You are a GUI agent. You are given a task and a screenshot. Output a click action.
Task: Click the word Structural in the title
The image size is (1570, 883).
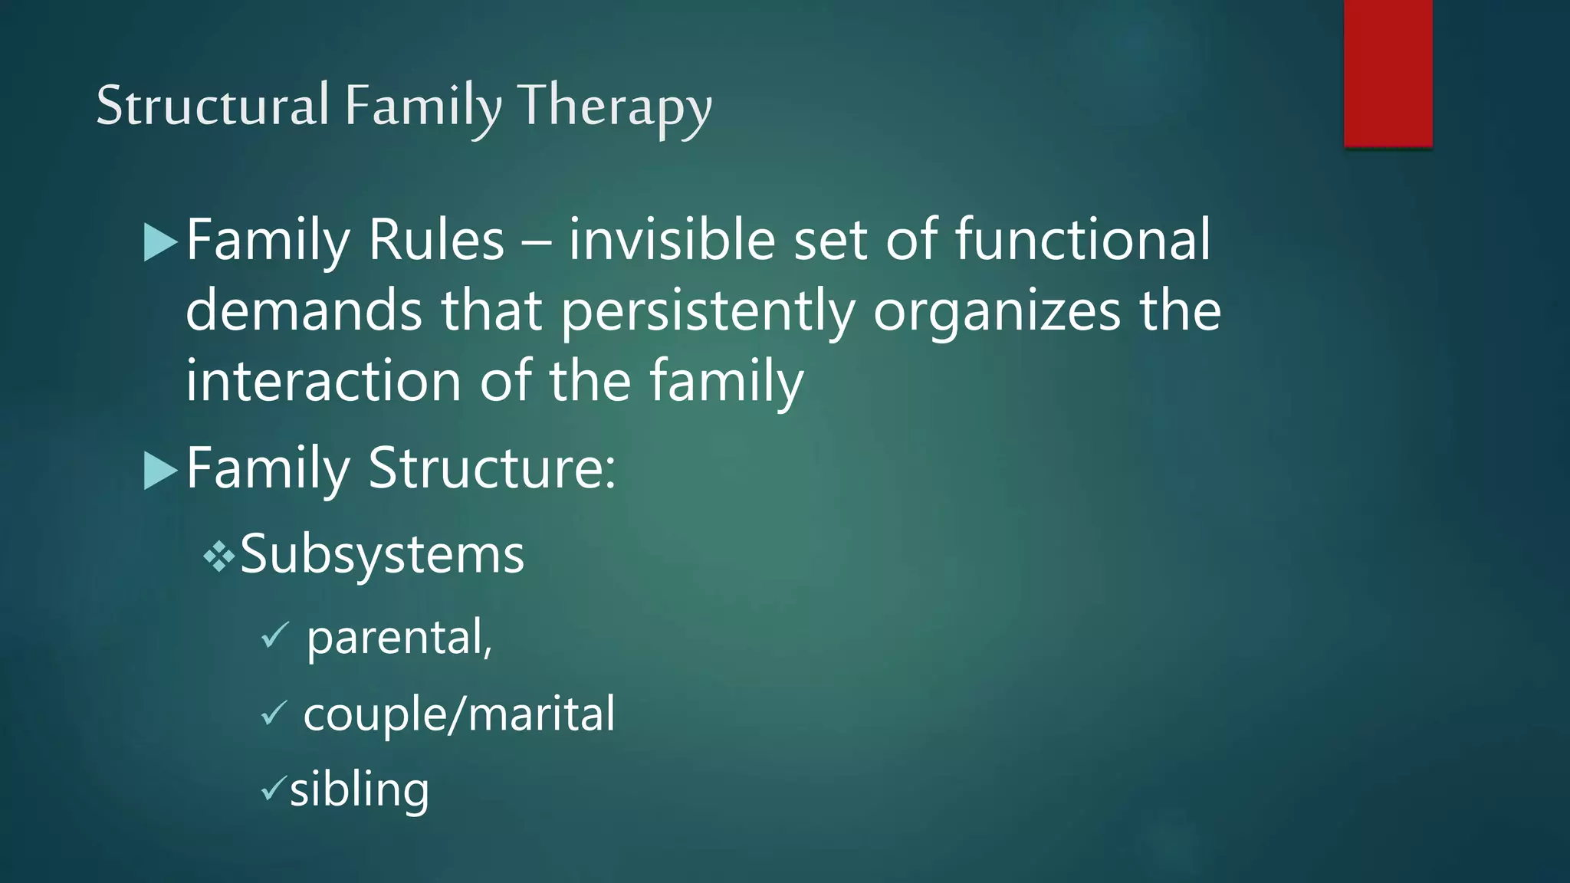(212, 105)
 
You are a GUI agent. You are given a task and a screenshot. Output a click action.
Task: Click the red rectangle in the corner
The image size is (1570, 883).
(1388, 73)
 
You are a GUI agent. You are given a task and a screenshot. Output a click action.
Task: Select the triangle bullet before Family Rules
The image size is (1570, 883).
(160, 242)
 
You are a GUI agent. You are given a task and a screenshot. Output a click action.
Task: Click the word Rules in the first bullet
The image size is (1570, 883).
(436, 241)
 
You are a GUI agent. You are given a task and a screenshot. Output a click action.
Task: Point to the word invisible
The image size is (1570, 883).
(672, 241)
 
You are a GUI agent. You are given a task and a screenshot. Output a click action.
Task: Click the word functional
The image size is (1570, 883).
(1082, 241)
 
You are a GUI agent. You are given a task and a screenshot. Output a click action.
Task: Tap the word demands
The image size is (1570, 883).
(304, 311)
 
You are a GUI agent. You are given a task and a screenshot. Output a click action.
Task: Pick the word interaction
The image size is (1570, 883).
(323, 382)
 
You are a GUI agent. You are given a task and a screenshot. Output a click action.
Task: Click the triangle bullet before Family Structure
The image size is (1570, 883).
(160, 470)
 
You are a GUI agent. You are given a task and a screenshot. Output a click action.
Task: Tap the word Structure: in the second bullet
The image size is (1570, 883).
(492, 468)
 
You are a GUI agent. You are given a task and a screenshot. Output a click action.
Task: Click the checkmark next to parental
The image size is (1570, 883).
(274, 635)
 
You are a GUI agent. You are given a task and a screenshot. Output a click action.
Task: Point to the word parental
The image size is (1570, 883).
(399, 638)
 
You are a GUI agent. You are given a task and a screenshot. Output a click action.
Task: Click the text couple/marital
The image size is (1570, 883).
(458, 714)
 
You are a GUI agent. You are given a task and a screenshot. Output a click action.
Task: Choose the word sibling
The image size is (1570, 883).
(359, 789)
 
